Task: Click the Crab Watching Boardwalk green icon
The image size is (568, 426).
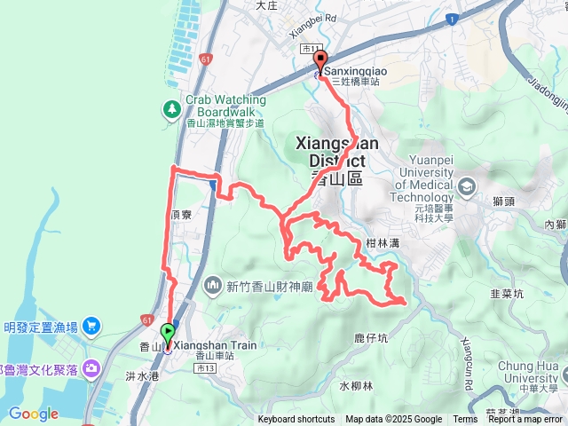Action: pyautogui.click(x=170, y=109)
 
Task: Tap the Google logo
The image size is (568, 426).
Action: pyautogui.click(x=34, y=414)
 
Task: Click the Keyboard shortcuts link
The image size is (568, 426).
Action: pyautogui.click(x=296, y=420)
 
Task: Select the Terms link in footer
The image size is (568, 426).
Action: pyautogui.click(x=465, y=420)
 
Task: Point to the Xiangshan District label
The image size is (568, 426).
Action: pyautogui.click(x=336, y=151)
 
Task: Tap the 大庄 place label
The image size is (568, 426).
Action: pyautogui.click(x=267, y=5)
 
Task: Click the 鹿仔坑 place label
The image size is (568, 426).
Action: pyautogui.click(x=371, y=338)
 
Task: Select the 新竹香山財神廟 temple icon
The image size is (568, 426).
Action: pyautogui.click(x=212, y=285)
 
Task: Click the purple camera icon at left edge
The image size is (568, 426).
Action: pyautogui.click(x=91, y=367)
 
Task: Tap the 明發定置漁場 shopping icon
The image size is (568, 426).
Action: pyautogui.click(x=91, y=326)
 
